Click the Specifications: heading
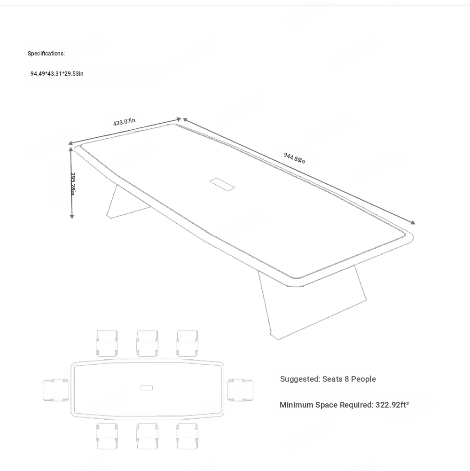click(x=46, y=54)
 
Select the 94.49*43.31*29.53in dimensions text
click(x=57, y=74)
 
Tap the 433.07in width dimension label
click(x=124, y=122)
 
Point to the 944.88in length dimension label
click(x=294, y=158)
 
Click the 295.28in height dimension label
click(x=73, y=184)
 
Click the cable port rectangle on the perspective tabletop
click(x=222, y=184)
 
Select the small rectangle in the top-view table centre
click(x=147, y=388)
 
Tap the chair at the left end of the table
click(x=56, y=390)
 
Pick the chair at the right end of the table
click(x=240, y=390)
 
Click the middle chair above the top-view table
click(x=147, y=343)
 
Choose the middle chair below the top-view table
click(x=147, y=436)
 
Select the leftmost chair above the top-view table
click(x=107, y=343)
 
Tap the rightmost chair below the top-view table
click(x=187, y=436)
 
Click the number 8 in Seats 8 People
click(x=346, y=379)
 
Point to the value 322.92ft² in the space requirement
click(x=392, y=405)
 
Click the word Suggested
click(x=300, y=379)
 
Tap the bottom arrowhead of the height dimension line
click(x=72, y=216)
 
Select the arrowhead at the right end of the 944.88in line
click(x=413, y=222)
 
